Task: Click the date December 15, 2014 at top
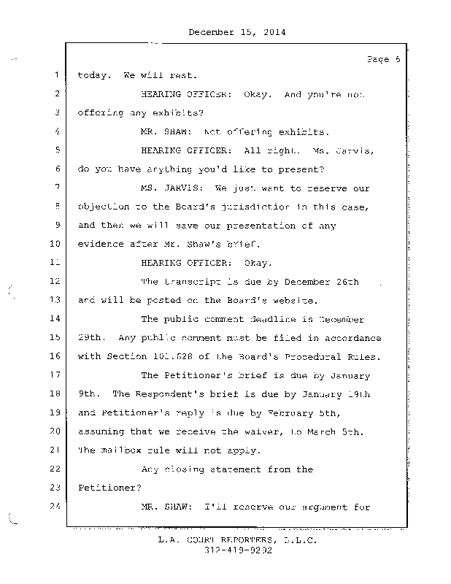point(236,32)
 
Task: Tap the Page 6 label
point(382,60)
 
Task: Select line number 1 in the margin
point(55,75)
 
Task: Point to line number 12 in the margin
point(53,282)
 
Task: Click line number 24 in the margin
point(53,507)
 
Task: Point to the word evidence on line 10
point(100,245)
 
